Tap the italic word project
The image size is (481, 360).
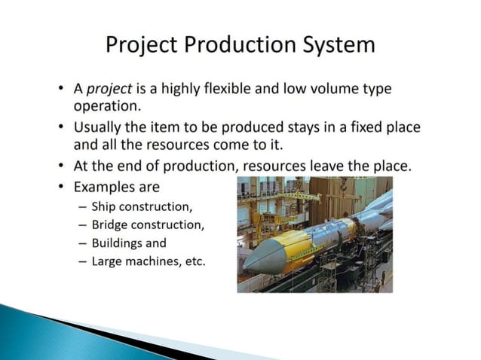(x=110, y=89)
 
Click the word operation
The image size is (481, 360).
(x=107, y=106)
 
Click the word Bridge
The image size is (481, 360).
(x=110, y=224)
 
